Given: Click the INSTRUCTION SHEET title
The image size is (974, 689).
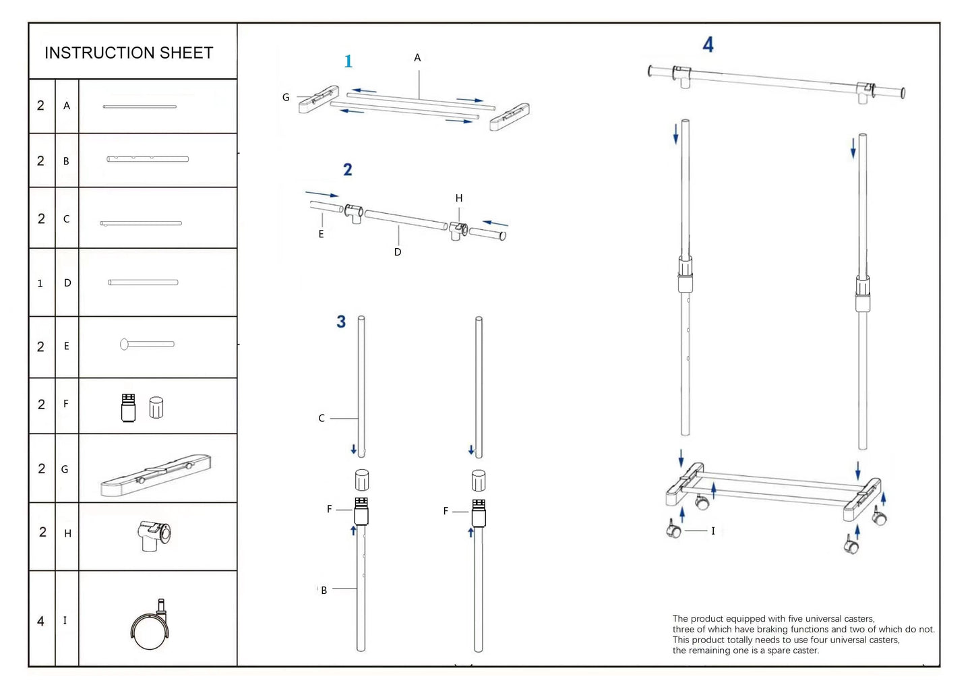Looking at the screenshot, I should tap(129, 53).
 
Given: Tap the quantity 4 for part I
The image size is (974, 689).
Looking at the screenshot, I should tap(40, 621).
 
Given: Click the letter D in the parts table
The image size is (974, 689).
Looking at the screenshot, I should tap(67, 283).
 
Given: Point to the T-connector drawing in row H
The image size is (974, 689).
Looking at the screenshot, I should tap(155, 535).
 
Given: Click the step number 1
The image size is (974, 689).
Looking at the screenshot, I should tap(348, 61).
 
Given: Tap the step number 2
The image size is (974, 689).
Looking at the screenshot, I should tap(347, 169).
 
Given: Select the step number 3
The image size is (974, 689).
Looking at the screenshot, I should tap(341, 322).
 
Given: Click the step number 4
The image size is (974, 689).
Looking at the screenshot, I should tap(708, 45).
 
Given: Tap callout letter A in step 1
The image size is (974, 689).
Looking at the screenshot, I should tap(417, 58).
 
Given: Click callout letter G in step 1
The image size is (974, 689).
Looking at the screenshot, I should tap(286, 98).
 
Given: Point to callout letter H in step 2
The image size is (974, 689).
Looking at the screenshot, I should tap(459, 198).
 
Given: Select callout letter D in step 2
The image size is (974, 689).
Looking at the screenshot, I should tap(398, 252).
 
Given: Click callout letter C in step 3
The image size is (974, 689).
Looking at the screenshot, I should tap(322, 419).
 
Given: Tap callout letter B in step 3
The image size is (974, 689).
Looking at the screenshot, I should tap(324, 591).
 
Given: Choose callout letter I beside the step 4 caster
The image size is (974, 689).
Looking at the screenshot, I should tap(713, 531).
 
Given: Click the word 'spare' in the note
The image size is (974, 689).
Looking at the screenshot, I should tap(781, 651).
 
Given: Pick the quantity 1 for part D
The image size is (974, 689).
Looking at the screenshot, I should tap(40, 284).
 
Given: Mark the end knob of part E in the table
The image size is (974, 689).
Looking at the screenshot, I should tap(125, 344).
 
